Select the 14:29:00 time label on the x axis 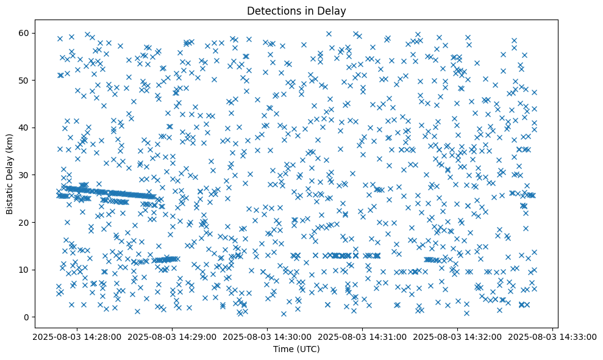pos(172,336)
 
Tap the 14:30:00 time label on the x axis pos(267,336)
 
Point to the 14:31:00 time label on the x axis pos(363,336)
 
